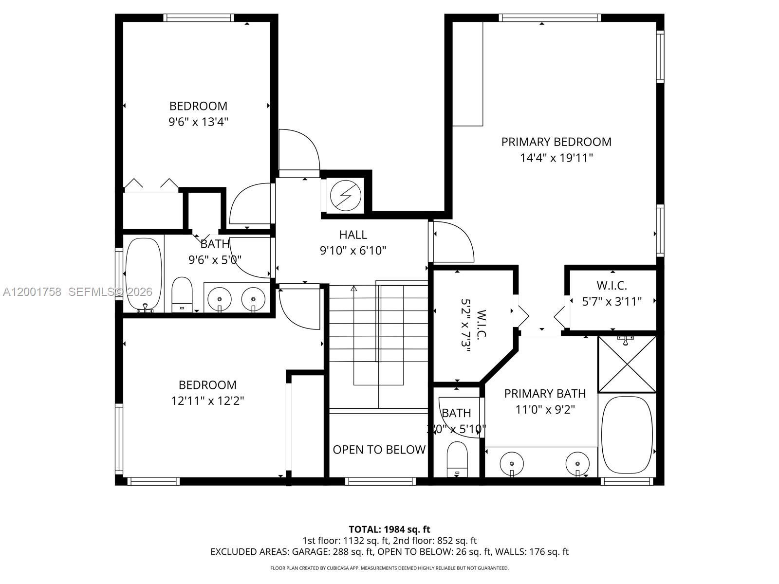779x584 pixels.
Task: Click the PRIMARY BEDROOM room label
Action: [556, 142]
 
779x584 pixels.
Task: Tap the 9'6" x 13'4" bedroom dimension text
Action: [198, 122]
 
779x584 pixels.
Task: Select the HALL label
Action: [353, 235]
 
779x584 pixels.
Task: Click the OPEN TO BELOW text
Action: [379, 450]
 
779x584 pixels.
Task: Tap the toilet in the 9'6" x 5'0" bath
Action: [182, 294]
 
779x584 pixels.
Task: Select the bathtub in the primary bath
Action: [627, 435]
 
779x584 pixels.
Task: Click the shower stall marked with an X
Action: [627, 364]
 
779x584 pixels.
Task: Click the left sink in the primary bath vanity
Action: [511, 460]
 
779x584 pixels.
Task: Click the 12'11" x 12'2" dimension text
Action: [207, 401]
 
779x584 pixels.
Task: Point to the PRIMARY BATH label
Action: [545, 393]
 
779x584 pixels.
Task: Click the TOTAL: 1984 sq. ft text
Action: [389, 529]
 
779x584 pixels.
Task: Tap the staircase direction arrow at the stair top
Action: [354, 289]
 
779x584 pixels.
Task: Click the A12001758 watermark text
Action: [32, 292]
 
